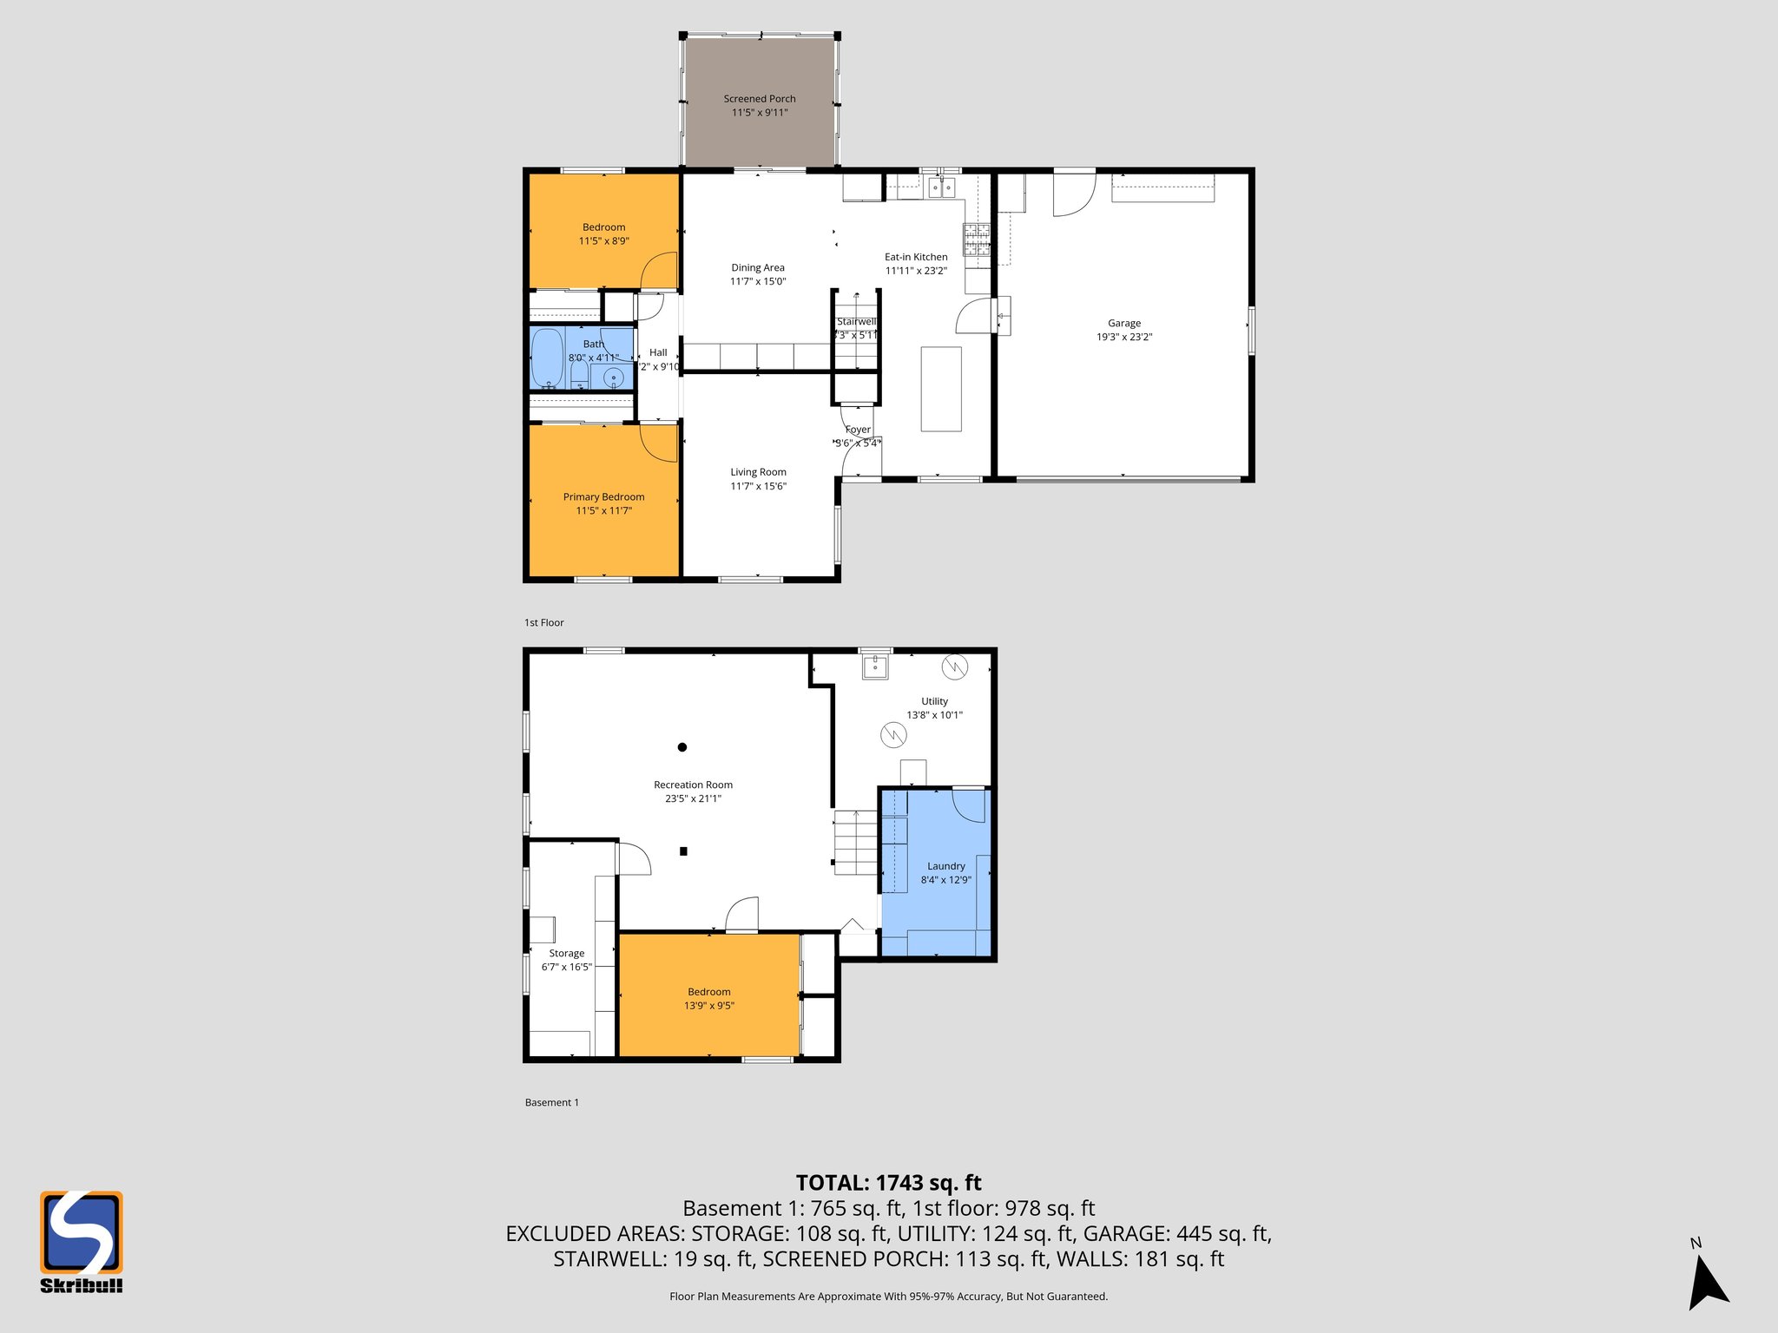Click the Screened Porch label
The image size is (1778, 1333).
coord(759,99)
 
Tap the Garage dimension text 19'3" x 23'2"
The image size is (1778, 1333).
coord(1123,337)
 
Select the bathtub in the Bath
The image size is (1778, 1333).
coord(547,358)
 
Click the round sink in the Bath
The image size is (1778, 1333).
coord(613,377)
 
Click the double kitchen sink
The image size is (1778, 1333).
coord(941,186)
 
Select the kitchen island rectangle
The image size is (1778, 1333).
coord(941,389)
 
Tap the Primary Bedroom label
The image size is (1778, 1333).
coord(603,497)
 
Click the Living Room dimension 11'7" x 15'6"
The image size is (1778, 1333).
coord(758,486)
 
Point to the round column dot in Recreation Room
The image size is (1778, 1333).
coord(682,747)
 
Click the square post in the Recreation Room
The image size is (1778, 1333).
coord(683,851)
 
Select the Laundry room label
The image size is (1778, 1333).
coord(945,866)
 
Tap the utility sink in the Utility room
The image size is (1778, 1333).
coord(874,666)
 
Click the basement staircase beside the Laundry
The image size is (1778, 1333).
coord(856,843)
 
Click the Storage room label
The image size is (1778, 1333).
coord(566,953)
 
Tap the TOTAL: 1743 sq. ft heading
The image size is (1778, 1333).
coord(888,1183)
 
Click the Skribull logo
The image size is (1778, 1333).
coord(81,1241)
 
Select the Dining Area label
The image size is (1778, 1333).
coord(757,267)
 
